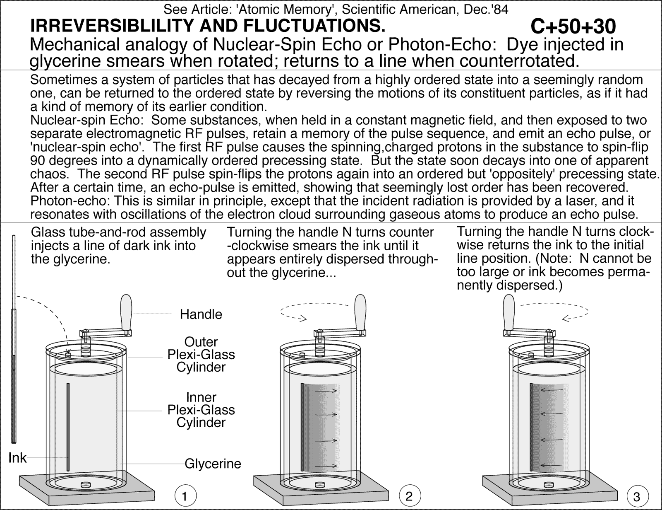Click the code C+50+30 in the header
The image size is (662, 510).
573,27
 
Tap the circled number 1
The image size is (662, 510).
185,495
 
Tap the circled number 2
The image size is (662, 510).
410,495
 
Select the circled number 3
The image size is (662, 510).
637,495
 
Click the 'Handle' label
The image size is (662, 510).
201,314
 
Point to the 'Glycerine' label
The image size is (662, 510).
213,463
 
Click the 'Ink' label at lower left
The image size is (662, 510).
17,458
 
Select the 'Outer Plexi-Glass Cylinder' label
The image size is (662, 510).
201,355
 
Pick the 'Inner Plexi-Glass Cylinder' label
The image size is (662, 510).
201,410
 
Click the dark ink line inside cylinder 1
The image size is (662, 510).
68,427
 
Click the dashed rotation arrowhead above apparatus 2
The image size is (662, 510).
303,319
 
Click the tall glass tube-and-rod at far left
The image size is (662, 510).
14,340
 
